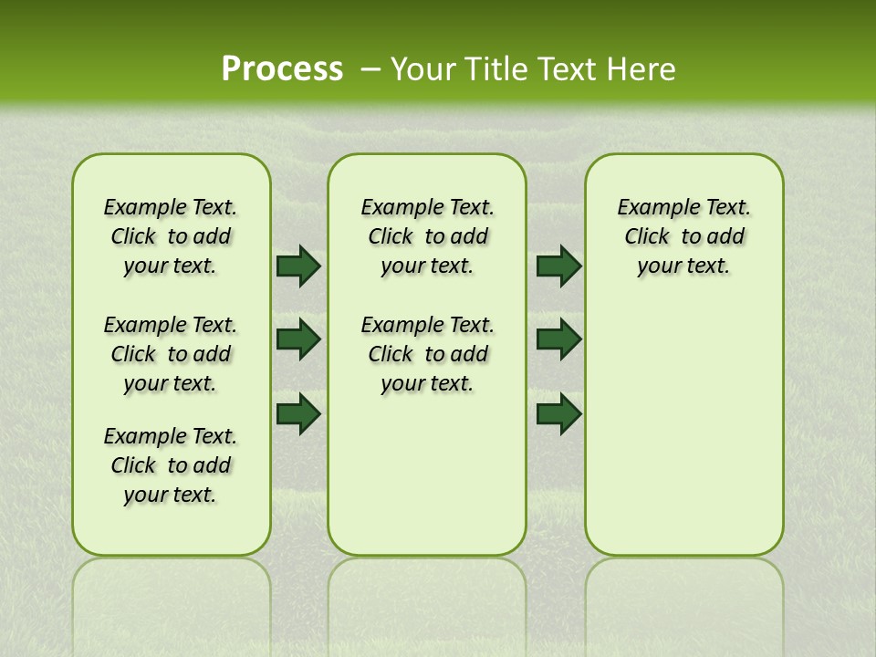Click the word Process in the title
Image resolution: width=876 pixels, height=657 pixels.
282,68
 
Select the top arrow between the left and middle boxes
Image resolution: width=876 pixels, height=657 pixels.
298,266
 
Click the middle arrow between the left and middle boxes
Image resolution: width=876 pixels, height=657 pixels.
298,339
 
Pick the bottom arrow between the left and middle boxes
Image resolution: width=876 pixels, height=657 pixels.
298,414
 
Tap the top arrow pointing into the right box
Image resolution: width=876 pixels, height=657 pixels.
558,266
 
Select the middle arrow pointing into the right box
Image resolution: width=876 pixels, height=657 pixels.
558,339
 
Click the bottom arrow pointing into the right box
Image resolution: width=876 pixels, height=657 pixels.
558,414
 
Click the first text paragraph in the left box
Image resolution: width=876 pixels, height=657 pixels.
171,236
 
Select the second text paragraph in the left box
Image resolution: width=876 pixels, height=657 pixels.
171,354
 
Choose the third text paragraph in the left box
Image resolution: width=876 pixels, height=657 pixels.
171,465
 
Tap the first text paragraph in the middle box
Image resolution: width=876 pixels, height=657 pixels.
427,236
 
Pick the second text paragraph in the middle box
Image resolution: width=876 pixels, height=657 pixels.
427,354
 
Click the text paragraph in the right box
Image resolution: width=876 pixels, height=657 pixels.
683,236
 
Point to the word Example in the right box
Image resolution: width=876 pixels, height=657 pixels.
652,208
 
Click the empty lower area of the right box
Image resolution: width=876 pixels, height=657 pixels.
683,429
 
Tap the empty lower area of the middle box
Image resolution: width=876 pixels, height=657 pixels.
427,474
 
